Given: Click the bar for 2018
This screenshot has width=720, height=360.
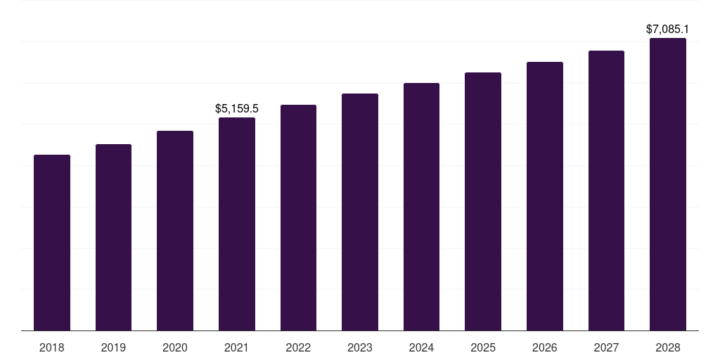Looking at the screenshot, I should pyautogui.click(x=52, y=243).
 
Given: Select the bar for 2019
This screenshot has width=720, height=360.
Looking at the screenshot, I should pyautogui.click(x=113, y=237).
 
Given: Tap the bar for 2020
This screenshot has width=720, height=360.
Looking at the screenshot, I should pyautogui.click(x=175, y=231).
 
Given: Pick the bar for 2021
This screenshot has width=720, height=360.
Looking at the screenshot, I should pyautogui.click(x=237, y=224).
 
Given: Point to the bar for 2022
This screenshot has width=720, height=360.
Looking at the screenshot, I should pyautogui.click(x=298, y=217).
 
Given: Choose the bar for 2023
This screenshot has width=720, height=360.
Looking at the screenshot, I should pyautogui.click(x=360, y=212).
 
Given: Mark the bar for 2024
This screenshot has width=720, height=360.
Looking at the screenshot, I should pyautogui.click(x=421, y=207).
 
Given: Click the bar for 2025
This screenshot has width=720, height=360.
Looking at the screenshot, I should pyautogui.click(x=483, y=201).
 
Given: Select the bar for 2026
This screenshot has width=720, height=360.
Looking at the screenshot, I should pyautogui.click(x=545, y=196).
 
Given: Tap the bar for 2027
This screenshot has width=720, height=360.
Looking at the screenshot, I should pyautogui.click(x=606, y=191).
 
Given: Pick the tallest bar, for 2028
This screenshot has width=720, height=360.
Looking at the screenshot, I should pyautogui.click(x=668, y=184).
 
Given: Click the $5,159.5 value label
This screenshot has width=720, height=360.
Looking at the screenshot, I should pyautogui.click(x=237, y=108).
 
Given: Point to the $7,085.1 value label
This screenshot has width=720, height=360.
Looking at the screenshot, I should pyautogui.click(x=668, y=30).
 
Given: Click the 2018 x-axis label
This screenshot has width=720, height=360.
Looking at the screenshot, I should pyautogui.click(x=52, y=347).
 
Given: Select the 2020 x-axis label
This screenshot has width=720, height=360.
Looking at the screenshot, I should pyautogui.click(x=175, y=347).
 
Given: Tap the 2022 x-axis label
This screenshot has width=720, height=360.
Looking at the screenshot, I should pyautogui.click(x=298, y=347).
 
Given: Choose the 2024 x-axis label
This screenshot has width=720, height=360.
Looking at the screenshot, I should pyautogui.click(x=421, y=347).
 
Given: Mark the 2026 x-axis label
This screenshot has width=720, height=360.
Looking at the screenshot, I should pyautogui.click(x=545, y=347).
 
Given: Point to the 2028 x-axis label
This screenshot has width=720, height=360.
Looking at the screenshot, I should pyautogui.click(x=668, y=347).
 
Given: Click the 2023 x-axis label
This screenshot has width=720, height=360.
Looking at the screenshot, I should pyautogui.click(x=360, y=347).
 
